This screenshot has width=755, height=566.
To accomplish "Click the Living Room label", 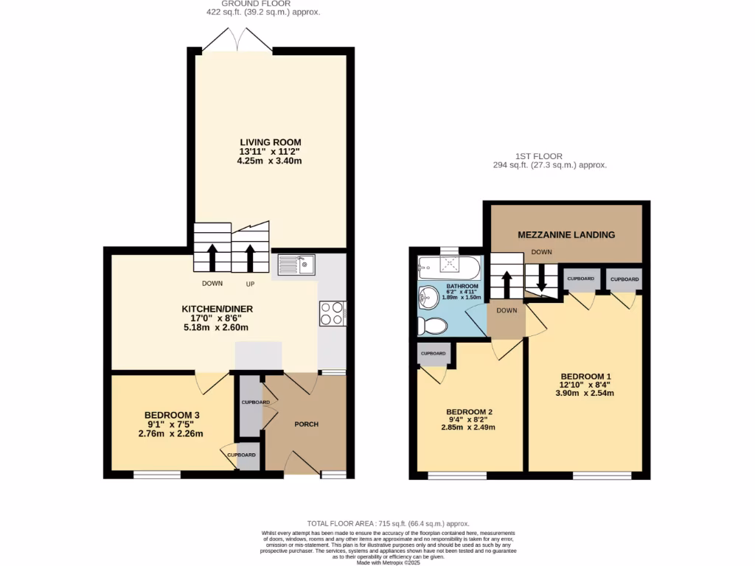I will point(270,142).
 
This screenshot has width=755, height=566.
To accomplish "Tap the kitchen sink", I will point(296,264).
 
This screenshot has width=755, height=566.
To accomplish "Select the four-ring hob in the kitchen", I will point(331,313).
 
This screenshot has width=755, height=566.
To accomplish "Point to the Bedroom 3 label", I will point(171,415).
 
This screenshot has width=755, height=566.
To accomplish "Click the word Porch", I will point(306,424).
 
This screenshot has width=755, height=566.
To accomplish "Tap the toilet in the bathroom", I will point(434,325).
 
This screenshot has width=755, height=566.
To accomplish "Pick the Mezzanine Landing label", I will point(566,235).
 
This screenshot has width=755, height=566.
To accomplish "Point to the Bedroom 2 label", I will point(469,411).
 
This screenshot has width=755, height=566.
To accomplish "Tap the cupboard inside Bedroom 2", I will point(434,354).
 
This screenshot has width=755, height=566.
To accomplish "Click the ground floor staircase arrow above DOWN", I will point(212,257).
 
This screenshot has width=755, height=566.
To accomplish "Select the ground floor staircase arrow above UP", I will point(250,257).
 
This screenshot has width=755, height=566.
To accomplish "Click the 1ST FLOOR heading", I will point(538,156).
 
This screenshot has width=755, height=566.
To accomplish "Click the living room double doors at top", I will point(237,40).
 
